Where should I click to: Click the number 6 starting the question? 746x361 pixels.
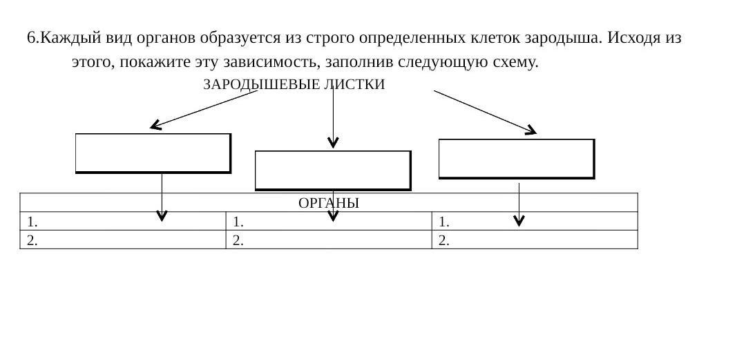[x=31, y=38]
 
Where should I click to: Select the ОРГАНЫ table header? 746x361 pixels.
[x=329, y=203]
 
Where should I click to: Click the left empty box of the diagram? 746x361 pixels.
[x=153, y=153]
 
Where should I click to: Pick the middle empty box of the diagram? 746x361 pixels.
[x=333, y=170]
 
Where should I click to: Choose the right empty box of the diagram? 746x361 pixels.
[x=516, y=158]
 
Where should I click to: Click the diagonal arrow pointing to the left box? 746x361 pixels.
[x=204, y=110]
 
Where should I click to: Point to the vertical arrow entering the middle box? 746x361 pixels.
[x=333, y=117]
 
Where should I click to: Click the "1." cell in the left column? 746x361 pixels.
[x=122, y=222]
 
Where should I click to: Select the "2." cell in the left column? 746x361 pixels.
[x=122, y=240]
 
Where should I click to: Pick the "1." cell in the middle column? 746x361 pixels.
[x=328, y=222]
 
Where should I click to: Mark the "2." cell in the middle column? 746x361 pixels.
[x=328, y=240]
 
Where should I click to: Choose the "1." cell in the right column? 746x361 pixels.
[x=534, y=222]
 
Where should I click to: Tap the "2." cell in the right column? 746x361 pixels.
[x=534, y=240]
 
